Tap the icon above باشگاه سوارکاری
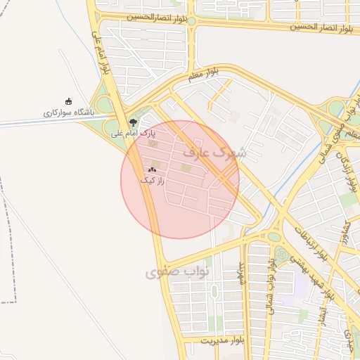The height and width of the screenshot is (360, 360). pyautogui.click(x=68, y=101)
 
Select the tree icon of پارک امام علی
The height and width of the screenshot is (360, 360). pyautogui.click(x=134, y=122)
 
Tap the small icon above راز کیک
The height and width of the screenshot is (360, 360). pyautogui.click(x=152, y=169)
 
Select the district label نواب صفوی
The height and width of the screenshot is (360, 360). pyautogui.click(x=172, y=272)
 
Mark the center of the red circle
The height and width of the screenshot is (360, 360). pyautogui.click(x=180, y=179)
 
